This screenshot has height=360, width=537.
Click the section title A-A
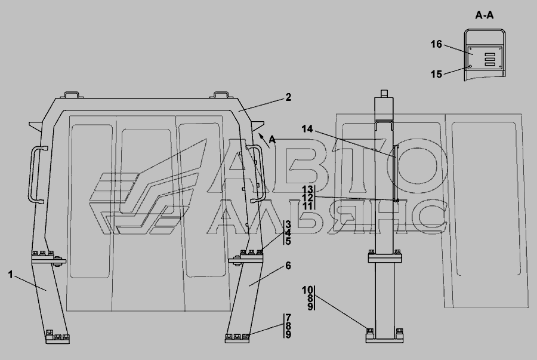[484, 15]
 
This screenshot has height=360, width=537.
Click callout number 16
[436, 44]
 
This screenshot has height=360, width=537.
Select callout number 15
[436, 74]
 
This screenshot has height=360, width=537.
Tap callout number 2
[288, 97]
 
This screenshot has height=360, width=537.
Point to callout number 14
[307, 129]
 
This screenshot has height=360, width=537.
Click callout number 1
[11, 275]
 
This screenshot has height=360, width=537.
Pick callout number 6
[288, 266]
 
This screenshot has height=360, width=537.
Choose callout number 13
[307, 189]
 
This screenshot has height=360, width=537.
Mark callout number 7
[288, 318]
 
